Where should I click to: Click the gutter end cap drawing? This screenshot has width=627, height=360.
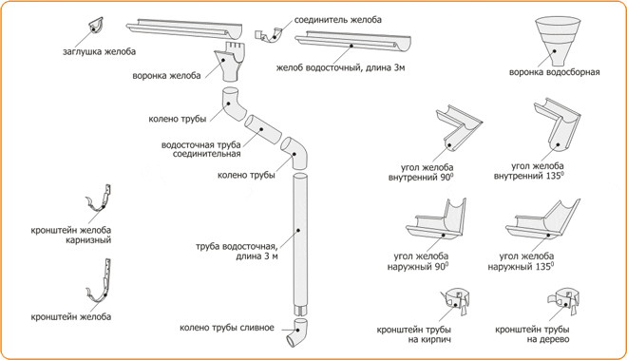pos(95,26)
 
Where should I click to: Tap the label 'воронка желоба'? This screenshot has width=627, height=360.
pos(167,76)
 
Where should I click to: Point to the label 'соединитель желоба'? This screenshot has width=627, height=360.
pos(338,20)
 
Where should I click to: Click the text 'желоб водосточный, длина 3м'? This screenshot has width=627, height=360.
pos(340,67)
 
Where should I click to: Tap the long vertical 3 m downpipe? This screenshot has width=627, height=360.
pos(300,243)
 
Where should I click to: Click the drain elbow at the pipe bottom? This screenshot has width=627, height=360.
pos(297,332)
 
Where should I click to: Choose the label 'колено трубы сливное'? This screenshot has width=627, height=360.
pos(227,328)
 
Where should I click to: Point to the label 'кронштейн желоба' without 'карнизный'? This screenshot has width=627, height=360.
pos(71,317)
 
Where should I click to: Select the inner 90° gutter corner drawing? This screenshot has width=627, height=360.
pos(458,128)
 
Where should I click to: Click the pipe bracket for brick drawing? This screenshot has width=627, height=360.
pos(456,300)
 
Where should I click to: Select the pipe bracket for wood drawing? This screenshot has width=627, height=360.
pos(563,300)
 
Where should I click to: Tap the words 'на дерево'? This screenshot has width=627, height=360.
pos(549,340)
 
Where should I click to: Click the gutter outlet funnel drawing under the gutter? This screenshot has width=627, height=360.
pos(228,62)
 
